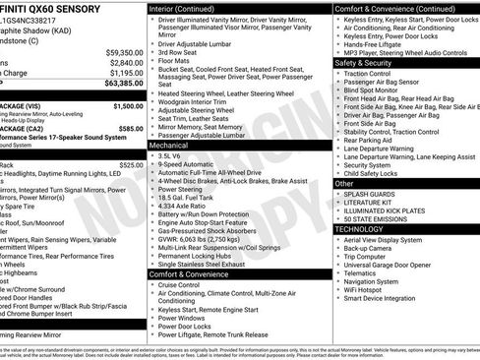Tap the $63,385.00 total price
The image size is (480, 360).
[118, 85]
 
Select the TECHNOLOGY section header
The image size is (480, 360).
[360, 228]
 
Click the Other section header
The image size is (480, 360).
[344, 183]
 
